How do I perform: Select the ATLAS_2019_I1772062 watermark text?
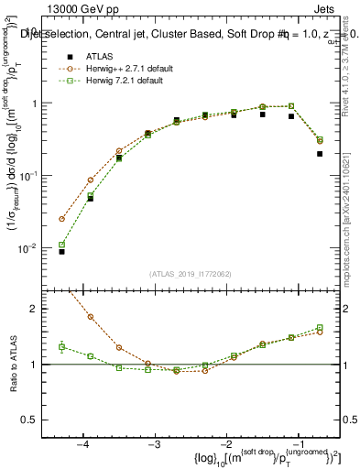click(191, 274)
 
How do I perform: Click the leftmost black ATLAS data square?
click(61, 251)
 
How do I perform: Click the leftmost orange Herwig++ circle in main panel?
click(61, 219)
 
